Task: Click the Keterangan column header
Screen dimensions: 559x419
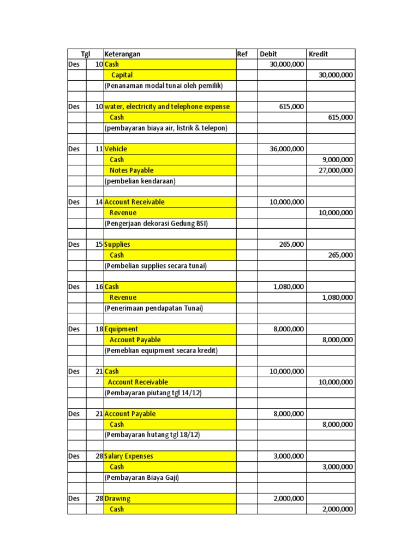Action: [122, 54]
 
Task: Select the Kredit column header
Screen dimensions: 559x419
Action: [319, 54]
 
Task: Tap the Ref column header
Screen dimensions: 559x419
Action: [242, 54]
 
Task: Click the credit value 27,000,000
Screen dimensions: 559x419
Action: [336, 170]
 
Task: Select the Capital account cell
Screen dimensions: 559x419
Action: [122, 75]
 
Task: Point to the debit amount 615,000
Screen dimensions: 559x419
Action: [291, 107]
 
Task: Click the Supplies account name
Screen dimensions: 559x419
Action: [117, 245]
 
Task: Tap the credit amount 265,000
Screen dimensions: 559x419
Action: [340, 255]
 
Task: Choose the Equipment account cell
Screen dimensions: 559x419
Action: [121, 329]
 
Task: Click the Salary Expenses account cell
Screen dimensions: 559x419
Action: [129, 456]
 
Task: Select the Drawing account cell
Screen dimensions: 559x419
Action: [118, 498]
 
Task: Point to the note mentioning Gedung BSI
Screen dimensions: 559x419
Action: [156, 223]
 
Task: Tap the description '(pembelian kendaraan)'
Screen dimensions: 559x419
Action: [140, 181]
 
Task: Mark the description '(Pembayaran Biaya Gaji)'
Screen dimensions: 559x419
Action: [141, 478]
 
